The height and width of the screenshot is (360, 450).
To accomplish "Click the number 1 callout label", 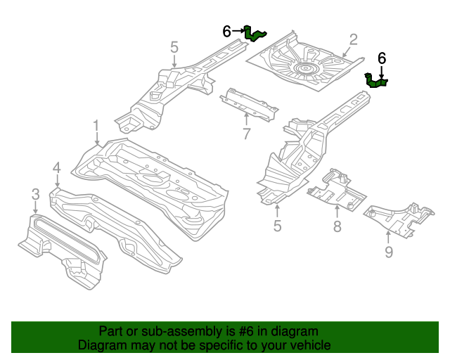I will (96, 127).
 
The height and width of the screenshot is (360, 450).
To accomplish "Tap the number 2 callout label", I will (353, 39).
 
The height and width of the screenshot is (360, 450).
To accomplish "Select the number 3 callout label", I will (34, 193).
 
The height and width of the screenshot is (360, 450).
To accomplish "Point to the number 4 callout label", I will (56, 168).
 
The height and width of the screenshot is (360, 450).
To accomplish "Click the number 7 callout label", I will (246, 134).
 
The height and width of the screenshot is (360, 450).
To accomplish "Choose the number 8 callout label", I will (337, 226).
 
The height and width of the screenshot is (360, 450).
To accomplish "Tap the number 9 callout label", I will (389, 251).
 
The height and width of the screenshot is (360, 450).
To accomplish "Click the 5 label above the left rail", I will (174, 48).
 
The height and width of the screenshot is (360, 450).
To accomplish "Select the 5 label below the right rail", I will (277, 226).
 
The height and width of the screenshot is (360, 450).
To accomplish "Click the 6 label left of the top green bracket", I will (226, 31).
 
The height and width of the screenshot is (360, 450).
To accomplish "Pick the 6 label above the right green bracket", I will (382, 58).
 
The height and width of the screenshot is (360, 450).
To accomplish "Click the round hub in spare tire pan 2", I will (306, 69).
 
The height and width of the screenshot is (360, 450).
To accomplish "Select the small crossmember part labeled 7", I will (250, 104).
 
